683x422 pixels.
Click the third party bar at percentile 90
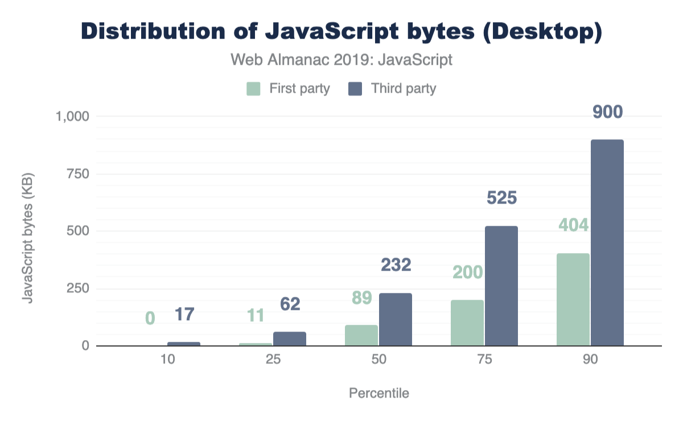tap(607, 243)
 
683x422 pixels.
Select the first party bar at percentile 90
tap(573, 300)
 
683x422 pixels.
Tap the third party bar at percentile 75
tap(501, 286)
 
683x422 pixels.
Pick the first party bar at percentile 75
tap(467, 323)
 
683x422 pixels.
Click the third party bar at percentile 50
tap(396, 320)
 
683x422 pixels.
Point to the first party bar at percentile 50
tap(361, 336)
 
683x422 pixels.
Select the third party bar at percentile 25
tap(290, 339)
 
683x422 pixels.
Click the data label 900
tap(607, 112)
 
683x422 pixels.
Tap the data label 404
tap(573, 225)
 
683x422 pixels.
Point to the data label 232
tap(396, 264)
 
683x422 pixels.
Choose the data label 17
tap(184, 313)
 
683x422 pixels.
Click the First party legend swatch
tap(253, 89)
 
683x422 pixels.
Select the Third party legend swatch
tap(356, 89)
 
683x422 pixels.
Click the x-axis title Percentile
tap(378, 393)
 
